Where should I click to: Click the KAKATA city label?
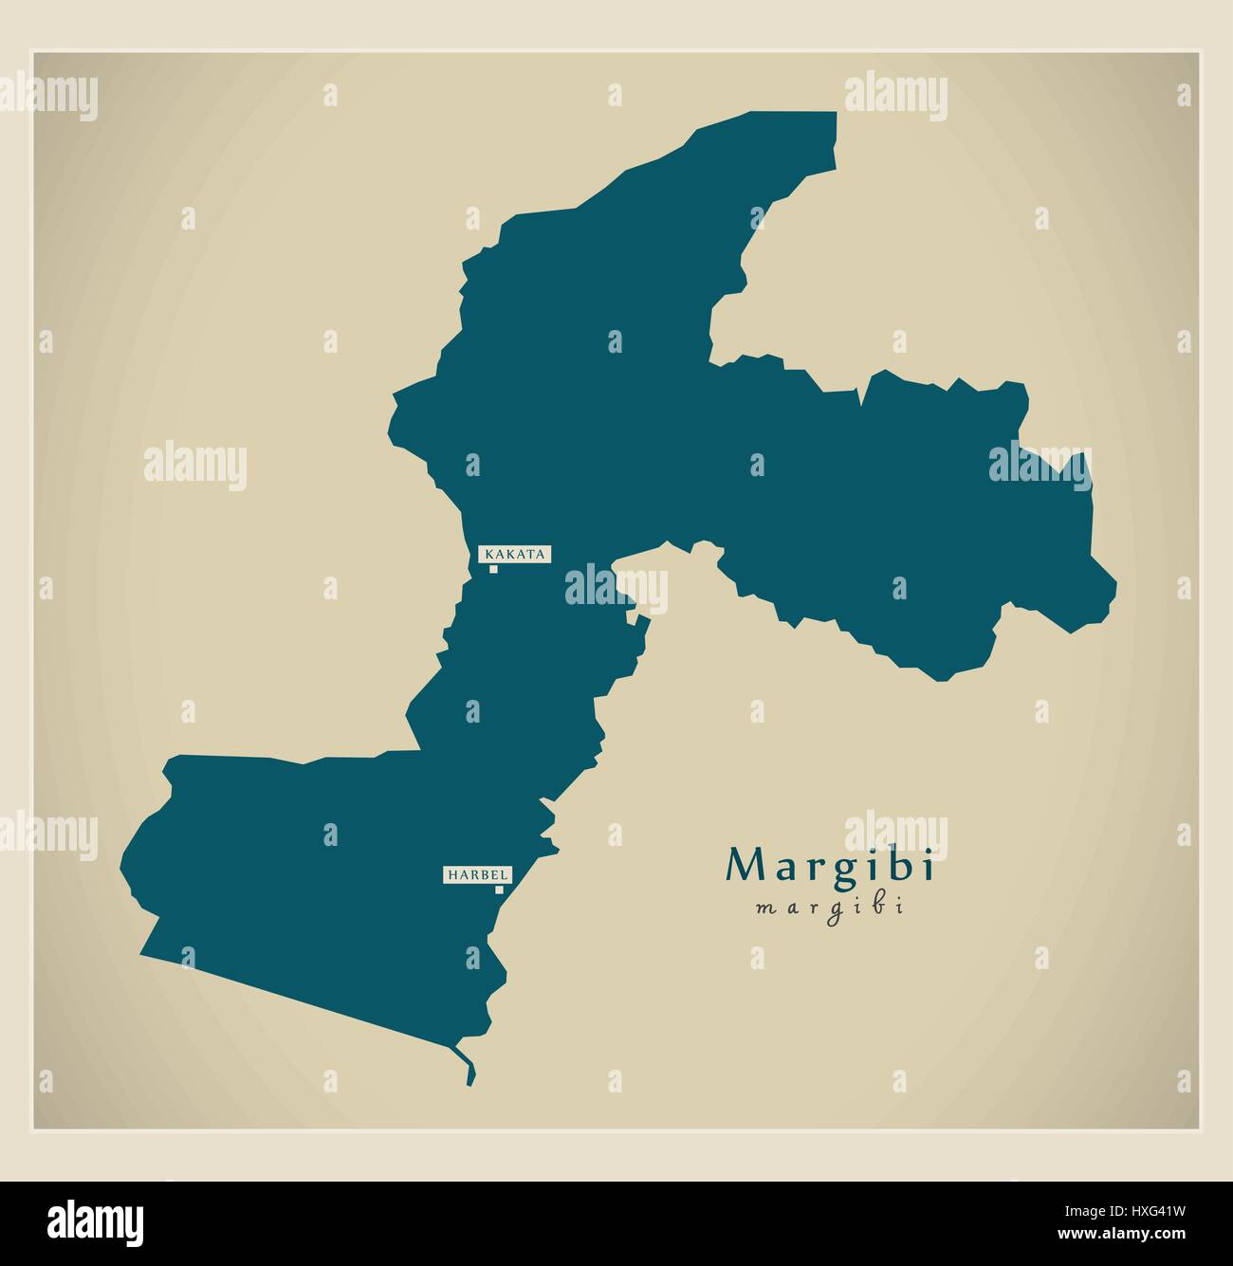pos(515,554)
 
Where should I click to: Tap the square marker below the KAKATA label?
pos(493,569)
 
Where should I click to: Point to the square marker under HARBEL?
pos(499,890)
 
